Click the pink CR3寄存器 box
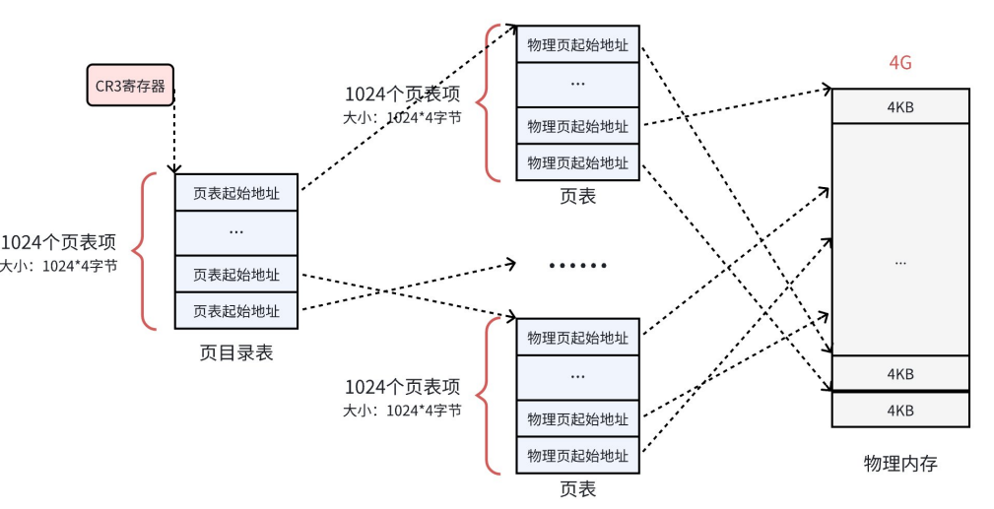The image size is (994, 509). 130,86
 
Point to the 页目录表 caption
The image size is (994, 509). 236,351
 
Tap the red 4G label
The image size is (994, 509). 899,63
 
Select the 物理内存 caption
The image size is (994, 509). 899,463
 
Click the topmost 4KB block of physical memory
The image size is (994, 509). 899,106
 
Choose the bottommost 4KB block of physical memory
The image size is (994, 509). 899,410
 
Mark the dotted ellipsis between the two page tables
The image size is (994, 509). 577,266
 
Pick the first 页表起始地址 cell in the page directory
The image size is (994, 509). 235,193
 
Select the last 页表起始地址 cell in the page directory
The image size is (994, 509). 235,310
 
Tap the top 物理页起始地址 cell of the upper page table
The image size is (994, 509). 577,44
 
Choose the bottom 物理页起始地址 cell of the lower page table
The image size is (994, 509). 577,455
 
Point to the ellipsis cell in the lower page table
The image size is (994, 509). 577,377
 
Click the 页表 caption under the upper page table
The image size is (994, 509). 577,196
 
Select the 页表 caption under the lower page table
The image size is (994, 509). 577,488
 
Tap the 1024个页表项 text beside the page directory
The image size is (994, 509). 59,243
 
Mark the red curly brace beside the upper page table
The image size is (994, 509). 486,102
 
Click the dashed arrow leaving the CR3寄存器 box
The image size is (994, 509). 175,133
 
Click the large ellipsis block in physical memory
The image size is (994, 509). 899,261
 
